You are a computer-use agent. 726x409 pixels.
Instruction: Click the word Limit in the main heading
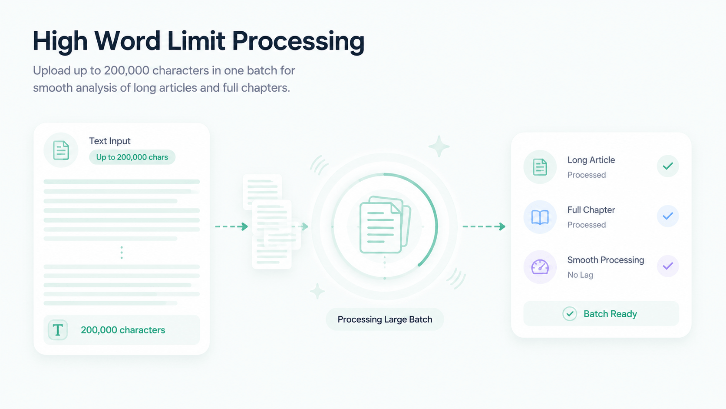point(196,41)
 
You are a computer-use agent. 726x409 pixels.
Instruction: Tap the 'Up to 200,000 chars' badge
point(132,157)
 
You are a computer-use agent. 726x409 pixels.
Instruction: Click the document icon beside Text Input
point(61,150)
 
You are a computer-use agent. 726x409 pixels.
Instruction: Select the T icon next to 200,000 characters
point(58,330)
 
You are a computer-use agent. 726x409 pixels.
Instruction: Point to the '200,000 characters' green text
point(123,330)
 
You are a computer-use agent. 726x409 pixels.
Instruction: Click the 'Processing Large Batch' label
point(385,319)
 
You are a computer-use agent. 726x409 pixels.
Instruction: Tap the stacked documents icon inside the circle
point(385,225)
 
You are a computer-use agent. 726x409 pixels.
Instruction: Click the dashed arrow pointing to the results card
point(484,226)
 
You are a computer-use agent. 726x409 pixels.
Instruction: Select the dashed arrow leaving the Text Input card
point(231,226)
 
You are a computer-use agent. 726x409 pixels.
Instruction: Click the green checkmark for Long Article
point(668,166)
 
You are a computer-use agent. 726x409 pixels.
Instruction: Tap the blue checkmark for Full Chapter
point(668,216)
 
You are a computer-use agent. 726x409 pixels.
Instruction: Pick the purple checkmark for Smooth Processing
point(668,266)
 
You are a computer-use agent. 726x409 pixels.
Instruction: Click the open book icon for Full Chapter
point(540,217)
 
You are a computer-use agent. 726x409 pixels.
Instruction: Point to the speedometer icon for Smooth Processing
point(540,267)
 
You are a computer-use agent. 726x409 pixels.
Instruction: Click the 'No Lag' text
point(580,275)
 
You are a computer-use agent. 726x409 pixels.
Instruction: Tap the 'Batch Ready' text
point(610,314)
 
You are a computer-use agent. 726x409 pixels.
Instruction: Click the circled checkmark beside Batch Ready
point(569,314)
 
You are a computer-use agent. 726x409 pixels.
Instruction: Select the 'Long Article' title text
point(591,160)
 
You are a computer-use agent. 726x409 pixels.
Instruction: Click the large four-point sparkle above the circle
point(439,146)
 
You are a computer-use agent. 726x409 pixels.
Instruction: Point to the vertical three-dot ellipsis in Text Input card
point(122,253)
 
